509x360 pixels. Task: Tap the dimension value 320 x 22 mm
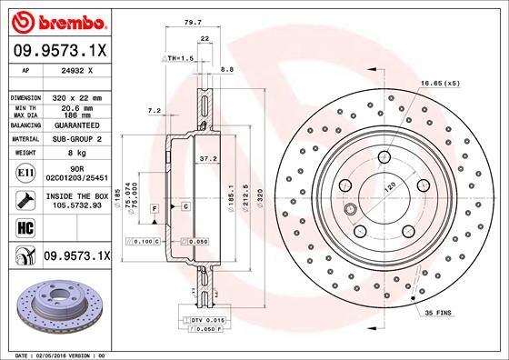tap(75, 96)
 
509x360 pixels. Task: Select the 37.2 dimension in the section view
tap(208, 159)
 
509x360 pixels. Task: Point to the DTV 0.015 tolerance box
tap(205, 320)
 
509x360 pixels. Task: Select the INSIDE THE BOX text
tap(75, 195)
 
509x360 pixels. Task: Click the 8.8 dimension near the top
tap(228, 69)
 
